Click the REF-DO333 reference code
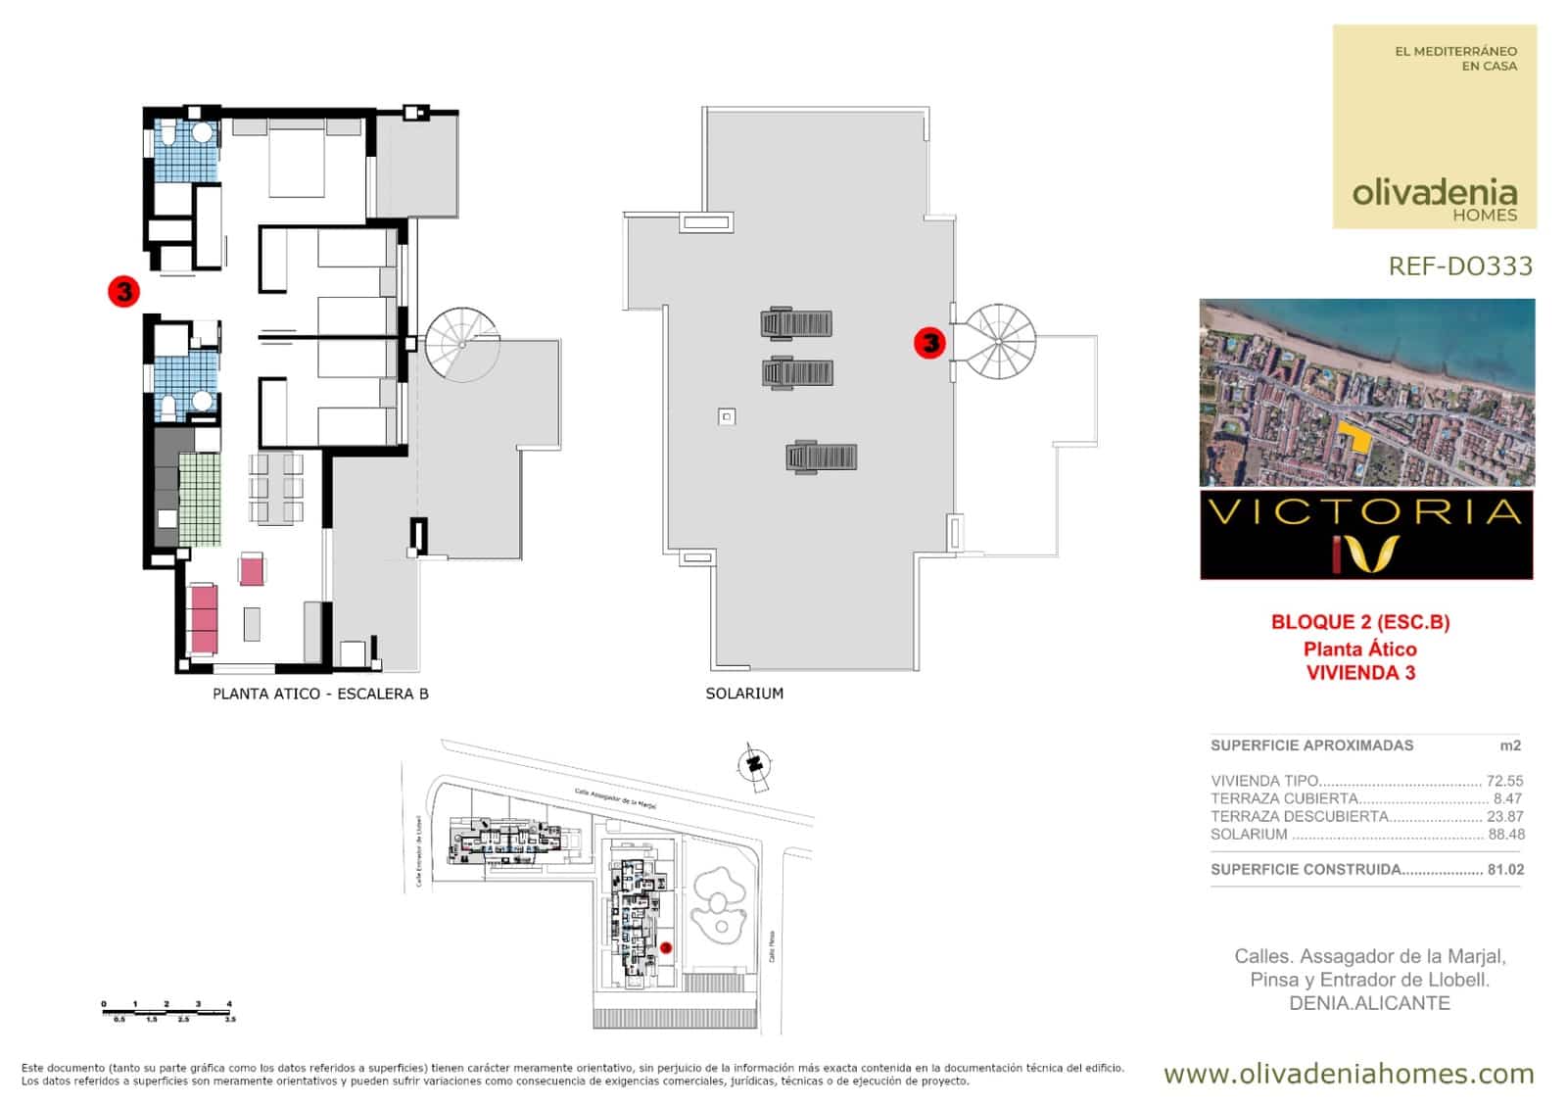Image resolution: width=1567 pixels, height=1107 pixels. [1460, 266]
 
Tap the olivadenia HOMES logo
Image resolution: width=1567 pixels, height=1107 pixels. [1435, 198]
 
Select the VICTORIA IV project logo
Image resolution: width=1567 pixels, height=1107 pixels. [1366, 536]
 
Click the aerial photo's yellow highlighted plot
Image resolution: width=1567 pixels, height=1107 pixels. [1355, 437]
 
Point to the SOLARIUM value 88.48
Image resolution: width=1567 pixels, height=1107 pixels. [1506, 835]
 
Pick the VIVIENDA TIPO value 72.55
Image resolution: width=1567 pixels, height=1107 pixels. [1505, 782]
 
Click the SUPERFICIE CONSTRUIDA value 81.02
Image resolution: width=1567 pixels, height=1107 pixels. [1505, 870]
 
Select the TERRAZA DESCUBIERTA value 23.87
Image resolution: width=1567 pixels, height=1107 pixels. [1505, 817]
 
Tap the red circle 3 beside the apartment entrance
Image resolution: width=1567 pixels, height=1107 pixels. [124, 291]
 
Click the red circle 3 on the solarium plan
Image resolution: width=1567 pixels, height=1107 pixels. [929, 343]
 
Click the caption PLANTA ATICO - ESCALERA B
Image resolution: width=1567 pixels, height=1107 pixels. [320, 694]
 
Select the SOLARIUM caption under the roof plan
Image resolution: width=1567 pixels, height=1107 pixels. [744, 694]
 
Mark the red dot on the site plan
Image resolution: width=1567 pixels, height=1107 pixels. [666, 948]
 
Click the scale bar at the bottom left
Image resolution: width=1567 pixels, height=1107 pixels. [167, 1011]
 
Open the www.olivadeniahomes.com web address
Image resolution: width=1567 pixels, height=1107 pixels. [1349, 1074]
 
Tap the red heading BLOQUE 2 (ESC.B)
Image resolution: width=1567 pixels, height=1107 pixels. [1360, 622]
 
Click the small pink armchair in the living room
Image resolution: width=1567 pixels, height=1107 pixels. [252, 569]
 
